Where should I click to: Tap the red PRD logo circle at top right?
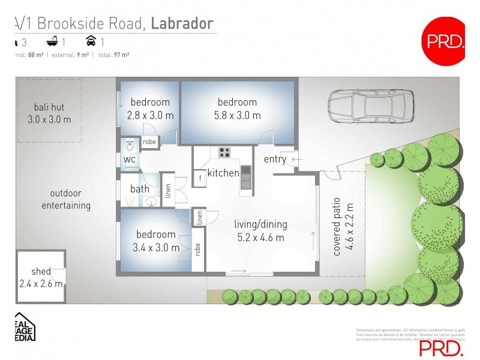click(445, 41)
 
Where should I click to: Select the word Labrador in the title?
click(182, 23)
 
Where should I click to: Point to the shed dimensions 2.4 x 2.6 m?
click(41, 284)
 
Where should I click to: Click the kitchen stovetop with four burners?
click(225, 152)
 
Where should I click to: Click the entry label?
click(275, 159)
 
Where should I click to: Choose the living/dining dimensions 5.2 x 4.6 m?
click(260, 237)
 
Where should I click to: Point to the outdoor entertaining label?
click(66, 199)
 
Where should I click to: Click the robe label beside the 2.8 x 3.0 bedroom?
click(149, 142)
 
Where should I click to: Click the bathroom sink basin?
click(151, 202)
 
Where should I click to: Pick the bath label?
click(140, 189)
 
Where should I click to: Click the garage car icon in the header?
click(91, 41)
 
